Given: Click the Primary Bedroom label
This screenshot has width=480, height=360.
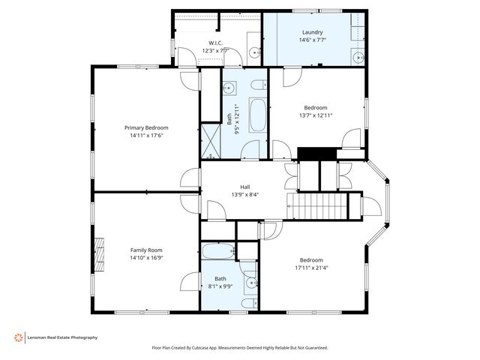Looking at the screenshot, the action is (x=146, y=127).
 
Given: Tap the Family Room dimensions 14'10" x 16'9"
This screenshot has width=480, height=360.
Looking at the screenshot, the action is (x=146, y=258).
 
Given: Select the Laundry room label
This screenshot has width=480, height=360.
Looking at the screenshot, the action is (x=313, y=32).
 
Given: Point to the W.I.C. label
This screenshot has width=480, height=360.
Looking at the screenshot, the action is (x=215, y=43).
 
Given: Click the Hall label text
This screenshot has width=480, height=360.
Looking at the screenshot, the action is (x=245, y=187).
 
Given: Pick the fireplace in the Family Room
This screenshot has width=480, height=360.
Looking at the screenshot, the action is (x=99, y=255).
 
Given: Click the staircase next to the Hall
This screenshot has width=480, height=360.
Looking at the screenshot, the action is (x=317, y=206).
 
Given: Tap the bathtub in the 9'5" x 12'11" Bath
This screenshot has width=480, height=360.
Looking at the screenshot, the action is (x=258, y=115).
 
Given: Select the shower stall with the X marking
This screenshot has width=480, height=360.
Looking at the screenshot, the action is (x=211, y=141).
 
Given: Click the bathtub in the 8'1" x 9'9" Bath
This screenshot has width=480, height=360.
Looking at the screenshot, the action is (x=218, y=251).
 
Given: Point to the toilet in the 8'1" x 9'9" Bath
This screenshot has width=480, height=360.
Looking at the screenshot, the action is (x=250, y=303).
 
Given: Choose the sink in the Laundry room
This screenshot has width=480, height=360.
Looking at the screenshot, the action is (x=358, y=57).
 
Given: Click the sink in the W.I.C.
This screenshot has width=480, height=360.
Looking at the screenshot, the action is (x=254, y=53).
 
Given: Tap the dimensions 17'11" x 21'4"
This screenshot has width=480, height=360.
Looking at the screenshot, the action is (x=311, y=268).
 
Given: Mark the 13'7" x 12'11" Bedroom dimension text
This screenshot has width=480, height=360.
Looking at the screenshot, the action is (x=316, y=115).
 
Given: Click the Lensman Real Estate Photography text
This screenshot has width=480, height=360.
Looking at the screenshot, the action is (x=62, y=337).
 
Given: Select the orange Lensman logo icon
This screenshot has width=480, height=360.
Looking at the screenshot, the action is (x=19, y=337).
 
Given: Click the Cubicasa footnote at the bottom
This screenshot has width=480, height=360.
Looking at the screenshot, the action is (x=240, y=348).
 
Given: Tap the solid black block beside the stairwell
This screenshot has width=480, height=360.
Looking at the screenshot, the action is (x=317, y=154).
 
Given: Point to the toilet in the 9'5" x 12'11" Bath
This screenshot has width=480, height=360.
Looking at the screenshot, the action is (x=259, y=85).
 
